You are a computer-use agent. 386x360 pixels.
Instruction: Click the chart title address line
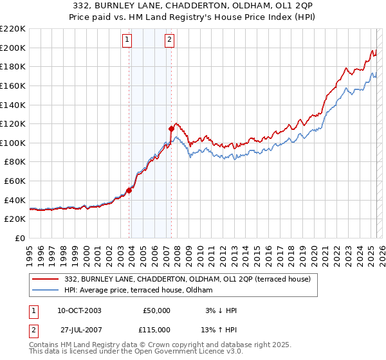pos(192,6)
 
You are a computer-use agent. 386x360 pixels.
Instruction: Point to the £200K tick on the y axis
pos(13,48)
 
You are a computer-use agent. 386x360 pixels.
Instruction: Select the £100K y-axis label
pos(13,143)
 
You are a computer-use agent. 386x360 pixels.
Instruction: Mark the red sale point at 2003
pos(129,190)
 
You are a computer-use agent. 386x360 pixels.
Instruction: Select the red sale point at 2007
pos(172,128)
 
